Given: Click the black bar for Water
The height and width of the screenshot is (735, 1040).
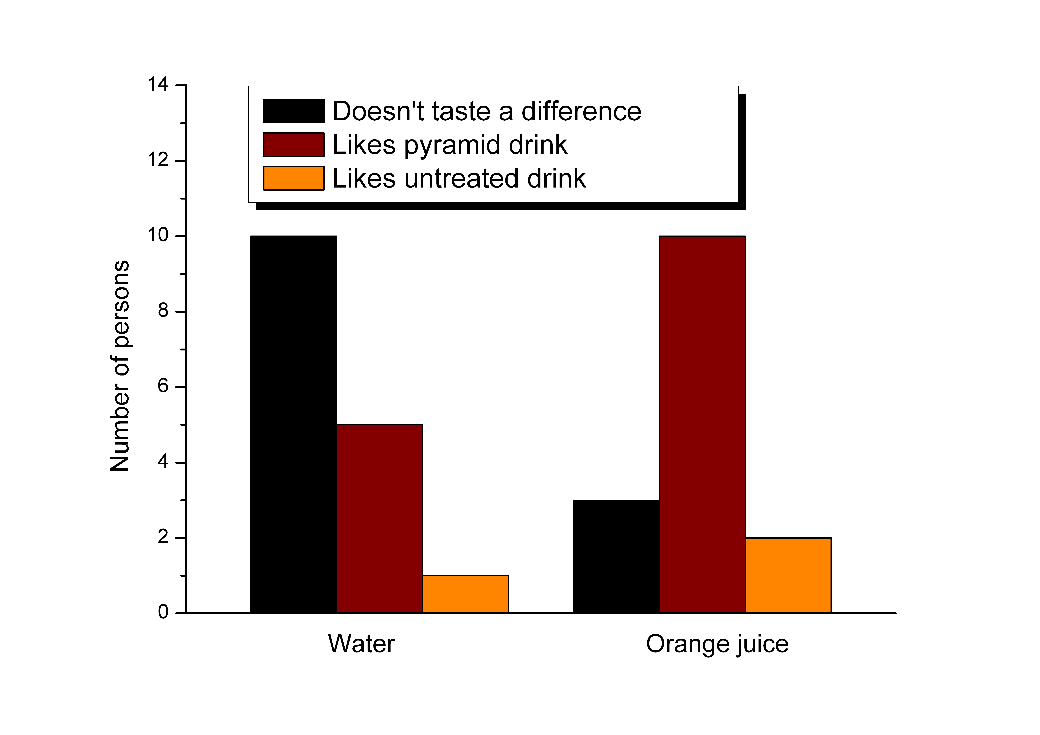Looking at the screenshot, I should coord(293,424).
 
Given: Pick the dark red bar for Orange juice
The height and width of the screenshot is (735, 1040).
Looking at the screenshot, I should coord(702,424).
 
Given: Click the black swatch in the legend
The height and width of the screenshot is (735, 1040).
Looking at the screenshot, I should coord(293,111).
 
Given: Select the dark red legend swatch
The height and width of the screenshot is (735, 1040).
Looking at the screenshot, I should coord(293,144).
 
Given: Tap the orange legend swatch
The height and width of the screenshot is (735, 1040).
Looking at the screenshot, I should coord(293,178).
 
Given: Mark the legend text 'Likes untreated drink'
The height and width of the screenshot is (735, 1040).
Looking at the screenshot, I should coord(459,178).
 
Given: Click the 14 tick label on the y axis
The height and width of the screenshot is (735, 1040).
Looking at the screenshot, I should coord(158,85).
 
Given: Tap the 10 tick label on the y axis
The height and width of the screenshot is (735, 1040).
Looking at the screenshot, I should coord(158,236).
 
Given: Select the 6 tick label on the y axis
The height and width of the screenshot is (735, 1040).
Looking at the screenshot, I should coord(163,386).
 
